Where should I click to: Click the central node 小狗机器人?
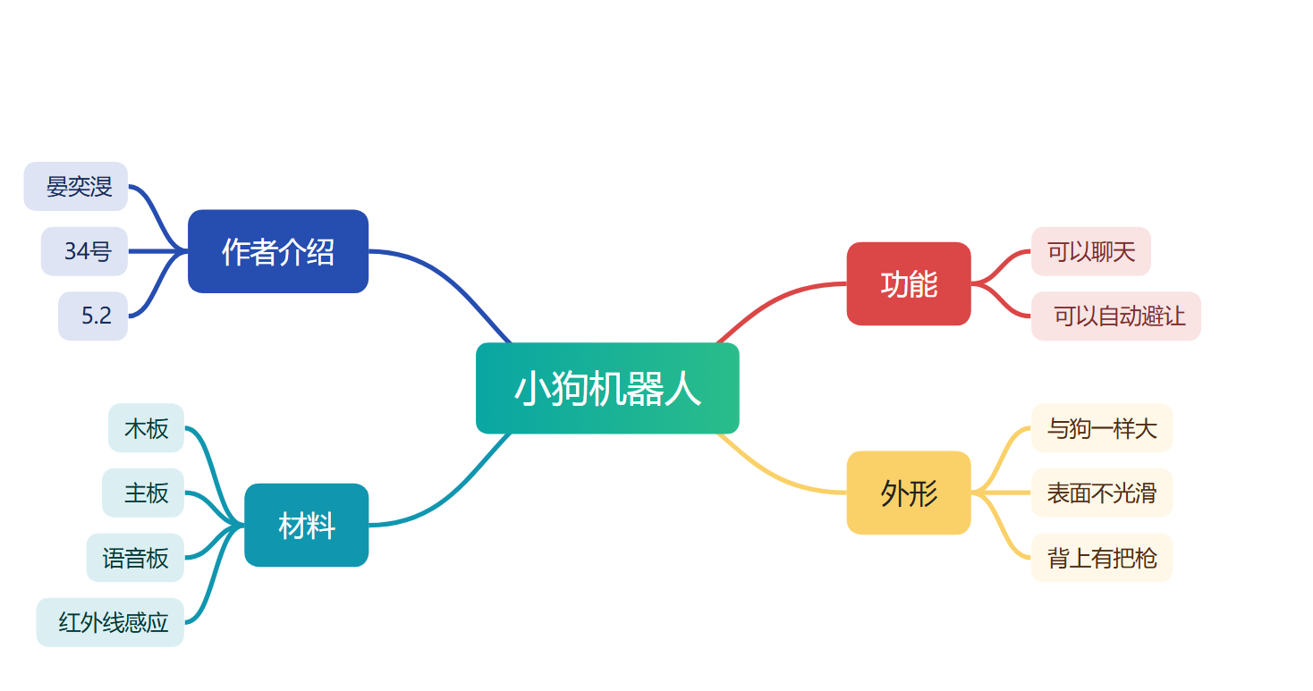point(607,388)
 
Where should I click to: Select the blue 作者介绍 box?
point(278,251)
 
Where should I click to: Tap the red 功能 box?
point(909,283)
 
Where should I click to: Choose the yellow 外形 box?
point(909,493)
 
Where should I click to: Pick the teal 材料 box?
point(307,525)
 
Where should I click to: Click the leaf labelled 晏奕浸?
point(76,186)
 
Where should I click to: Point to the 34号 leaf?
point(84,251)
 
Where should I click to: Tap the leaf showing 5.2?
point(93,316)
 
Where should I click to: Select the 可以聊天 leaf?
point(1091,251)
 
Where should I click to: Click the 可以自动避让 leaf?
point(1116,316)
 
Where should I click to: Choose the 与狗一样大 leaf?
point(1102,428)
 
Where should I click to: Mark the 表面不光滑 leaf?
point(1102,493)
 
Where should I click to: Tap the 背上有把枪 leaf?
point(1102,558)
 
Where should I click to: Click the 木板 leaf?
point(146,428)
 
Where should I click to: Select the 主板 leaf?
point(143,493)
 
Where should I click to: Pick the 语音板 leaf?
point(135,558)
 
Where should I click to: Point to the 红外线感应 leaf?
point(110,622)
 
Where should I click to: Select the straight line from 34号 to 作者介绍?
point(157,251)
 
